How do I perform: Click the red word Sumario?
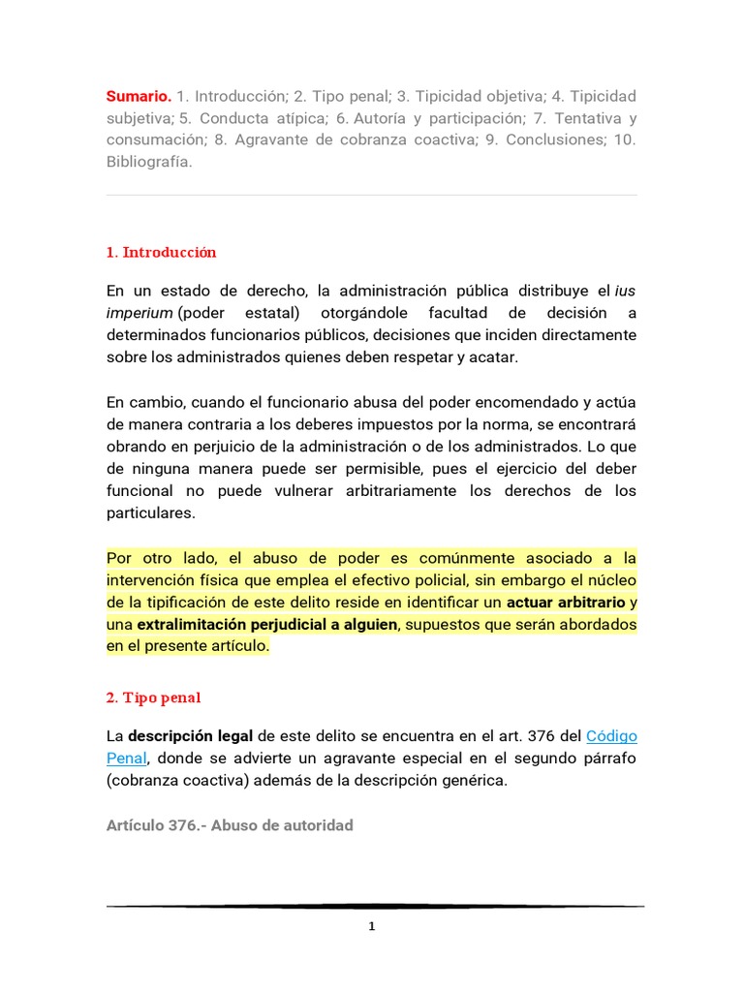coord(139,97)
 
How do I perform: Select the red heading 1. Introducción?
coord(161,253)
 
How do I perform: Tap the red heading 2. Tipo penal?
coord(153,698)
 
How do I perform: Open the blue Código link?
coord(612,735)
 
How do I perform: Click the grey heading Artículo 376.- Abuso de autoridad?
coord(230,825)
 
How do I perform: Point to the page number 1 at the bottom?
coord(372,927)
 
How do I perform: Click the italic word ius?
coord(626,291)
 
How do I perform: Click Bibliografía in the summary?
coord(149,162)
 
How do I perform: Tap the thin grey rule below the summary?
coord(372,195)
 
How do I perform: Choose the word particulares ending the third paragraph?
coord(150,512)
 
